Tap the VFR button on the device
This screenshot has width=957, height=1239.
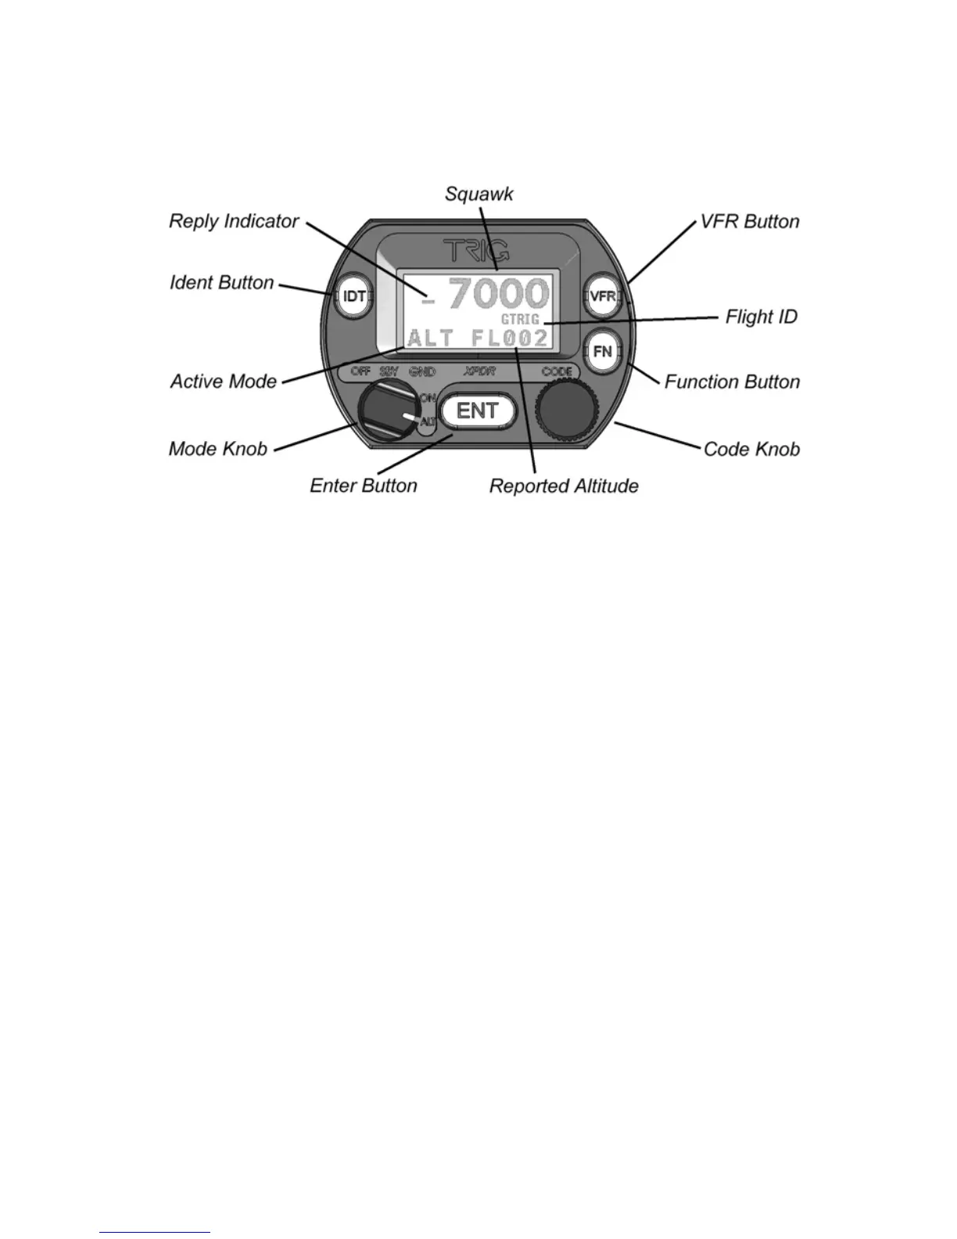[x=603, y=296]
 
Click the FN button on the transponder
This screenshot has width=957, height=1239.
[x=603, y=352]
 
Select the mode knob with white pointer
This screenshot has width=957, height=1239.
[x=387, y=412]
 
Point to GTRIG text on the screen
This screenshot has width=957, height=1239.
[x=520, y=320]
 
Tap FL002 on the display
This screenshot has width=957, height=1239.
[x=509, y=339]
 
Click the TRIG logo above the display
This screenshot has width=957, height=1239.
[x=477, y=250]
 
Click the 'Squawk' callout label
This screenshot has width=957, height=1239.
[x=478, y=193]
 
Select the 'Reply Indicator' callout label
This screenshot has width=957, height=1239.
[x=234, y=221]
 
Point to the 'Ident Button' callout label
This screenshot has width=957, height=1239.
[x=222, y=282]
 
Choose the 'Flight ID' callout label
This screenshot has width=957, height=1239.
[x=761, y=317]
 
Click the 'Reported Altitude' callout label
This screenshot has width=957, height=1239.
[x=564, y=486]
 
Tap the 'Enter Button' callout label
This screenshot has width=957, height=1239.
[x=364, y=486]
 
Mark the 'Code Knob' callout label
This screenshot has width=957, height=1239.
[x=751, y=449]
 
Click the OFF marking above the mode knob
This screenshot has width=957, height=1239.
[x=360, y=372]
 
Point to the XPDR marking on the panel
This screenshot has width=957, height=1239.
[x=479, y=372]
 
